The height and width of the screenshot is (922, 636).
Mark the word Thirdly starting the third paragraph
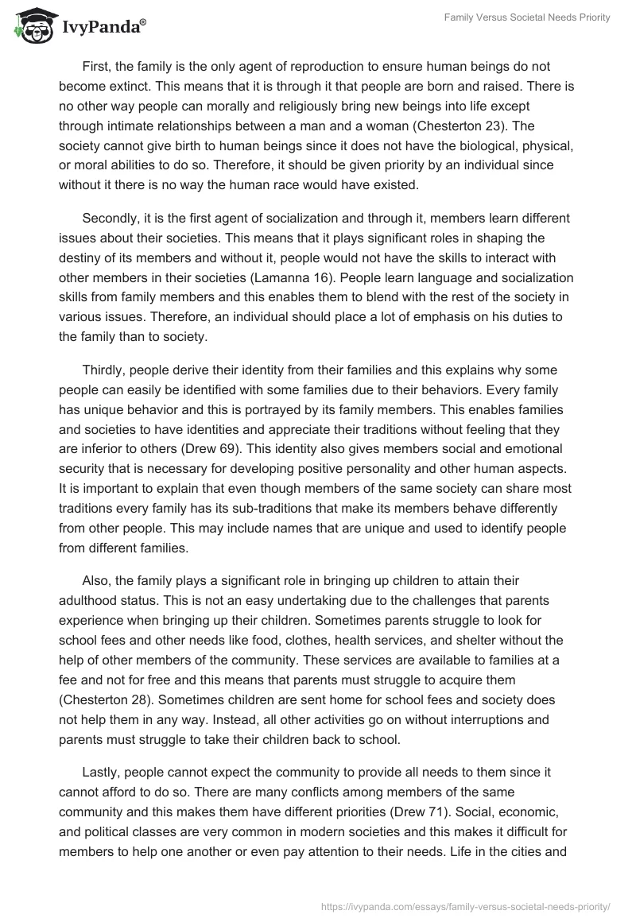[x=104, y=370]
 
